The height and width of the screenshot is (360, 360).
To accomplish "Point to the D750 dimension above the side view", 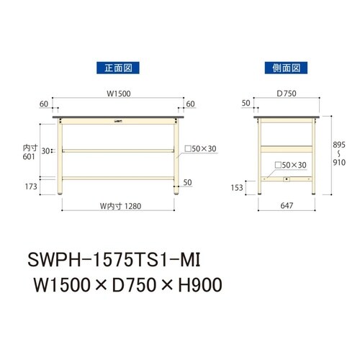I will (287, 92).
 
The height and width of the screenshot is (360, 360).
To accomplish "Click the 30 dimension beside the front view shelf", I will (45, 151).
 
